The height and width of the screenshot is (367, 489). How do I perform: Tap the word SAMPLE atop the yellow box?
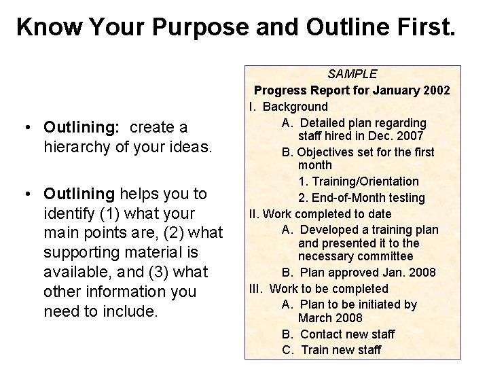tap(352, 73)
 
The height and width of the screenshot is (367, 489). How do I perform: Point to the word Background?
tap(295, 107)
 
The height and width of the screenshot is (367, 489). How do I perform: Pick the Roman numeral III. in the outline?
tap(257, 288)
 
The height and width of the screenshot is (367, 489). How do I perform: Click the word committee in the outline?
tap(385, 256)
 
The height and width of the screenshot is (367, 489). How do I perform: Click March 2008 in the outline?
tap(330, 318)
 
